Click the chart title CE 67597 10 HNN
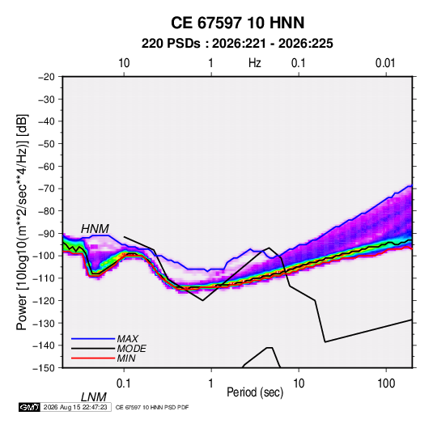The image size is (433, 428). pos(237,23)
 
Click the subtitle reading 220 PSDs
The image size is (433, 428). pos(171,44)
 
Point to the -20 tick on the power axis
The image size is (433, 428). pos(46,77)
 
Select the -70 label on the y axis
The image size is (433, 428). pos(46,189)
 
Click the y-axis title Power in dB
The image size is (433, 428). pos(22,222)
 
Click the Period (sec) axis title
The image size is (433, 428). pos(255,392)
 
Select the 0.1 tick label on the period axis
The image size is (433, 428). pos(124,384)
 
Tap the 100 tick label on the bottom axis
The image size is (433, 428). pos(386,384)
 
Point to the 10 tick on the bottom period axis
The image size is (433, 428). pos(299,384)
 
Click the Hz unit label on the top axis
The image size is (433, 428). pos(255,63)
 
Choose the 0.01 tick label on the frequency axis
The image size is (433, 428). pos(385,63)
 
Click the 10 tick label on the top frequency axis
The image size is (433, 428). pos(124,63)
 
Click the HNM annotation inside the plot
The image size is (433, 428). pos(95,229)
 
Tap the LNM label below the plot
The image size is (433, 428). pos(94,397)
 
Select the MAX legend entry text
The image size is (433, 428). pos(128,338)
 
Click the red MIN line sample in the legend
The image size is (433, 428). pos(93,358)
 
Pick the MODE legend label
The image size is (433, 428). pos(131,349)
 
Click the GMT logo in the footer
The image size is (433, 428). pos(29,407)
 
